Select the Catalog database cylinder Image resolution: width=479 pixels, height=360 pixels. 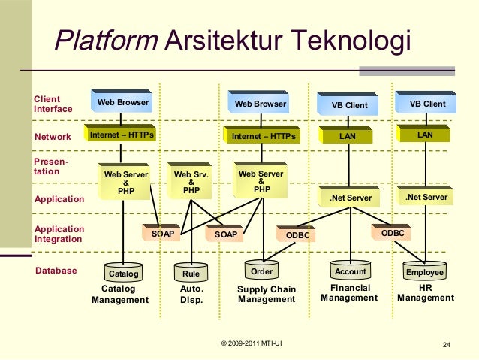pyautogui.click(x=125, y=273)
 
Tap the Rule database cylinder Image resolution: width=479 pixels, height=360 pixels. pyautogui.click(x=191, y=273)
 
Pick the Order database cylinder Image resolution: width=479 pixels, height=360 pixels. pyautogui.click(x=261, y=271)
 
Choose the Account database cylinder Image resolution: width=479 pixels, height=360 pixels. pyautogui.click(x=350, y=271)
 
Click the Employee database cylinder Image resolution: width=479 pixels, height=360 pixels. pyautogui.click(x=424, y=271)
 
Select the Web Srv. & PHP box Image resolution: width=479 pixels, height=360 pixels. pyautogui.click(x=191, y=182)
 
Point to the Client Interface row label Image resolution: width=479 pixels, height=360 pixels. pyautogui.click(x=53, y=104)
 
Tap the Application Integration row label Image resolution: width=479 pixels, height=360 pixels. pyautogui.click(x=59, y=234)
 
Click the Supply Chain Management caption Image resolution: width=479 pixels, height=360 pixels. pyautogui.click(x=267, y=295)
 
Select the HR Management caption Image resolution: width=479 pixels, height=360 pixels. pyautogui.click(x=425, y=293)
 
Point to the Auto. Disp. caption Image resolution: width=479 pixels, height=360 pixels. pyautogui.click(x=192, y=294)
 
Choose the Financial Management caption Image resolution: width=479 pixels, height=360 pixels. pyautogui.click(x=349, y=293)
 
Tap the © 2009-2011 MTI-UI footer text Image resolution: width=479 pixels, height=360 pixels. pyautogui.click(x=252, y=344)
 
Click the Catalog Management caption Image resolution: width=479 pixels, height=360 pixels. pyautogui.click(x=120, y=294)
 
